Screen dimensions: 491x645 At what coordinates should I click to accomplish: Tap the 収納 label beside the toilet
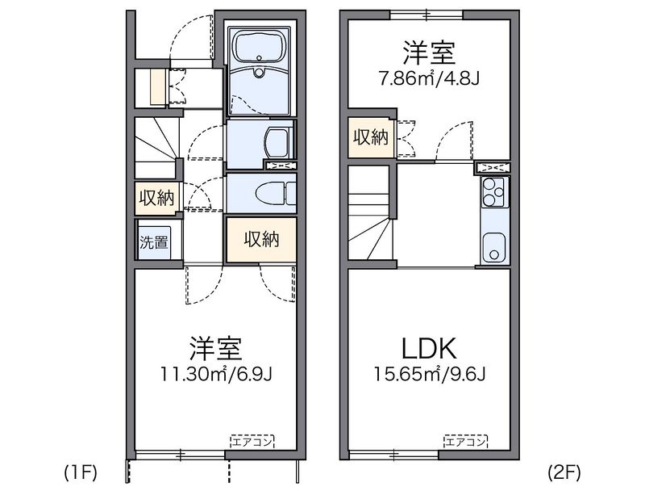[x=156, y=198]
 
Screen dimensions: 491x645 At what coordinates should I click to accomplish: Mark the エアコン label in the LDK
[x=466, y=441]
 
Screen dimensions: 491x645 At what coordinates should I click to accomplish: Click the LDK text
[x=429, y=349]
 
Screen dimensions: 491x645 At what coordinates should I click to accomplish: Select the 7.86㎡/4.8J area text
[x=430, y=79]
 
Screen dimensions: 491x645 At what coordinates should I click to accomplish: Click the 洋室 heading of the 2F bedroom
[x=430, y=53]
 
